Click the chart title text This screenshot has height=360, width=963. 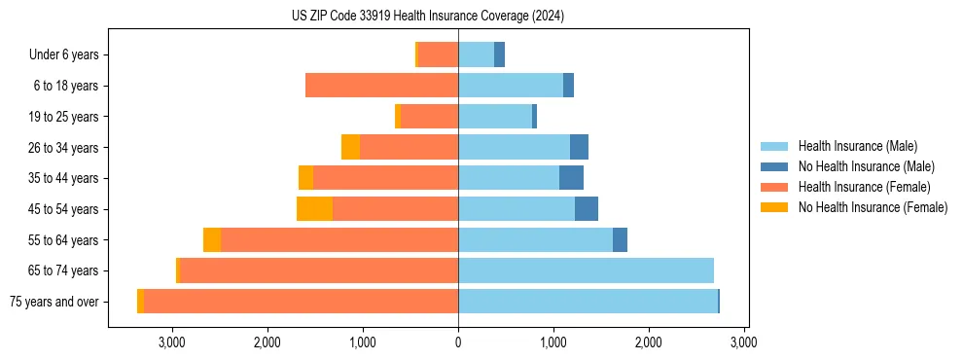point(428,17)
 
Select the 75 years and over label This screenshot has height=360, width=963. point(53,302)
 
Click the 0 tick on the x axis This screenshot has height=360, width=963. point(458,342)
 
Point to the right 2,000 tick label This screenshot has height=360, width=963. point(649,342)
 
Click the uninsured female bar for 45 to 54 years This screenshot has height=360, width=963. point(314,209)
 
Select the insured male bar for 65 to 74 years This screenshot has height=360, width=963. point(586,270)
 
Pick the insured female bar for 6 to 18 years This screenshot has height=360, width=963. point(381,86)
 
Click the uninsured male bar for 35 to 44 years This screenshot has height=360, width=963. point(571,178)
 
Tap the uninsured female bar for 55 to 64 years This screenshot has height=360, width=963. point(212,240)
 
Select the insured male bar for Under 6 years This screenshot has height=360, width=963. point(476,54)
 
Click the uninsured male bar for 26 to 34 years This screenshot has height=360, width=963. point(579,147)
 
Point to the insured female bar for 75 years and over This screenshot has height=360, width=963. point(301,302)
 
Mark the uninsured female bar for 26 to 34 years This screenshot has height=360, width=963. point(350,147)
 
